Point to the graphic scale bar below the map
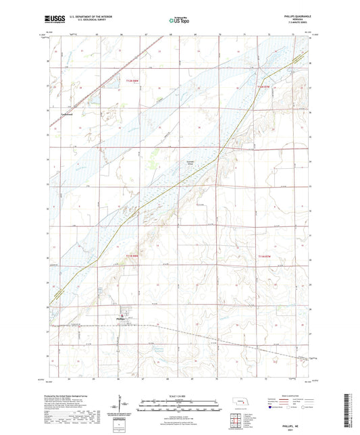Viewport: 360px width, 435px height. click(x=180, y=404)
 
